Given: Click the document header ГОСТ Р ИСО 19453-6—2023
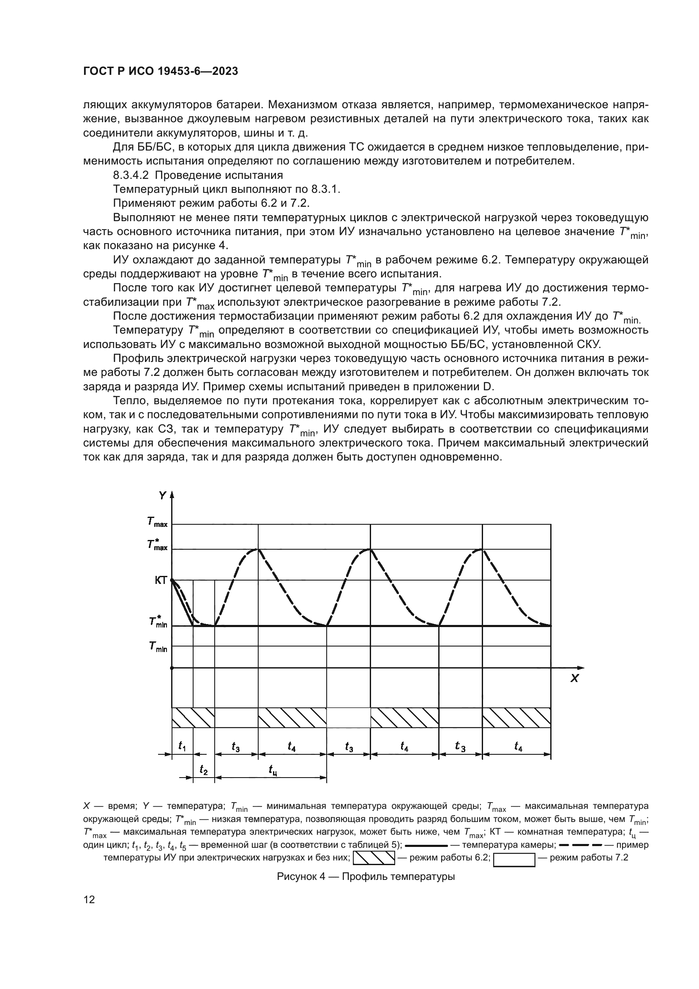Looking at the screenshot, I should [x=160, y=71].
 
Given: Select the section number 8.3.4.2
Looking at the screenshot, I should [x=134, y=175].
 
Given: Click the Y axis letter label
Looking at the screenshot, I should [x=162, y=496].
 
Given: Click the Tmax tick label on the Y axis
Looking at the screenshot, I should [x=157, y=523].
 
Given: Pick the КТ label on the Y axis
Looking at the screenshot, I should [x=161, y=581].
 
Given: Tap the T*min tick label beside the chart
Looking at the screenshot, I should [x=158, y=622].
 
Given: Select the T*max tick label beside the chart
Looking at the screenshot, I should [x=157, y=545].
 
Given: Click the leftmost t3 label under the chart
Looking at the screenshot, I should [x=235, y=747].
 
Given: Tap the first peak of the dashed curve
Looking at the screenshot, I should [x=258, y=549].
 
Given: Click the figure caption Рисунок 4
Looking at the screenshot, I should [x=366, y=877].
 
